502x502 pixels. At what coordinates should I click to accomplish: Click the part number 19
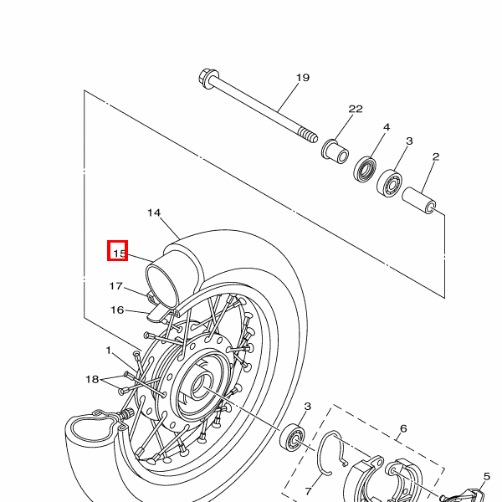pos(303,78)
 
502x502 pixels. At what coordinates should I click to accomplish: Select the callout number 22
pos(356,110)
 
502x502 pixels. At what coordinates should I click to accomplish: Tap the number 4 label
pos(387,127)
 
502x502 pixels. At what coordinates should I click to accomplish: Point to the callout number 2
pos(435,156)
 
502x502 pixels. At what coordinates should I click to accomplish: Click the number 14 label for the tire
pos(154,213)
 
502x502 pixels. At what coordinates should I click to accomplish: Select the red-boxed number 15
pos(118,251)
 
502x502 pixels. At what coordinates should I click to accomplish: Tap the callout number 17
pos(116,286)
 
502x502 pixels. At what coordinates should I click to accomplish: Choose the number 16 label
pos(117,310)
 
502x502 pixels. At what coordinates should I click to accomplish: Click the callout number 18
pos(92,379)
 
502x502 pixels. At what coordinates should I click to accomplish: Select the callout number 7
pos(307,491)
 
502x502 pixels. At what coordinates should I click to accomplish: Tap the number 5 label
pos(486,477)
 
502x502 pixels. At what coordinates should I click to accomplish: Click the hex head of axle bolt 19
pos(206,79)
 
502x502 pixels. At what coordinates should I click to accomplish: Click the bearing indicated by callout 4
pos(365,169)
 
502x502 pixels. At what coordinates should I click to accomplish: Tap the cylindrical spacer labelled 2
pos(422,202)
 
